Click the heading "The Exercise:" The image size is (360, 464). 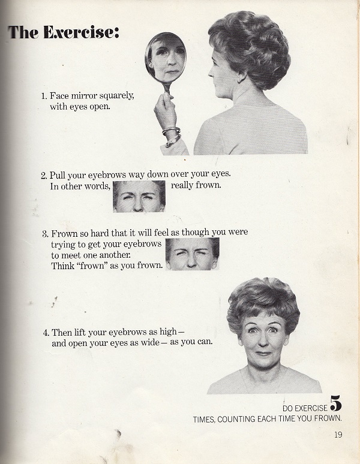coord(64,32)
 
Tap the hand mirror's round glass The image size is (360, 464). coord(166,58)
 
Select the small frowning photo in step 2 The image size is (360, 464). coord(139,196)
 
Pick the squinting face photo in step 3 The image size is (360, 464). coord(193,254)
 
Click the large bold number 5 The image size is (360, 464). coord(336,403)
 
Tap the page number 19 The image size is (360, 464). coord(338,435)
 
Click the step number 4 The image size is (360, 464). coord(46,333)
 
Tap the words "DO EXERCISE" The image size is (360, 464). coord(305,408)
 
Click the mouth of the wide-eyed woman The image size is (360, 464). coord(263,353)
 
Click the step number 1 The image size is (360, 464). coord(44,96)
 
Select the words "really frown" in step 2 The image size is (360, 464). coord(196,186)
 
